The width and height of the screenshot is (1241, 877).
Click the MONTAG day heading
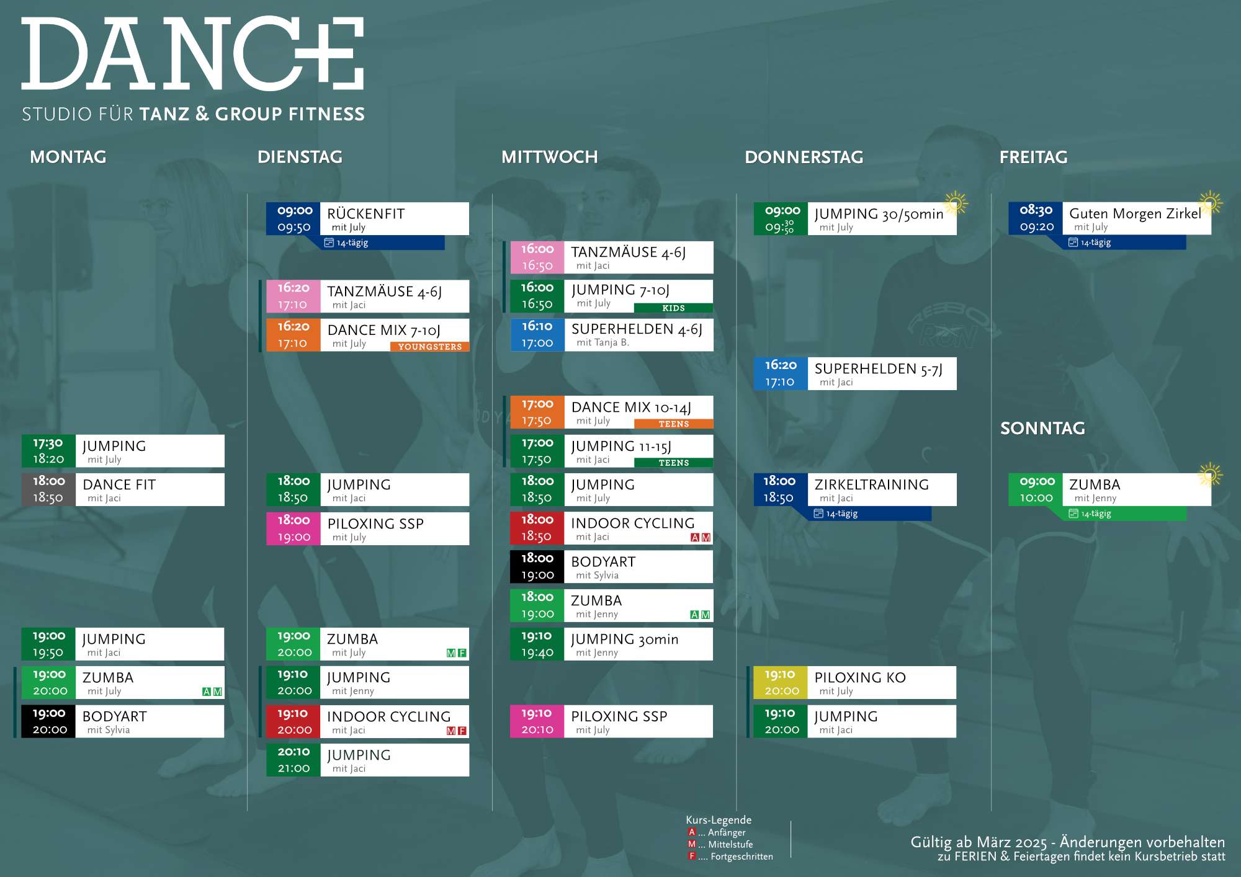click(x=68, y=157)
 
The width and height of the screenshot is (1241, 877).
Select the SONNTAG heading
click(x=1042, y=428)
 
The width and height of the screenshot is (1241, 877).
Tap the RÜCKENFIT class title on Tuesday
click(x=366, y=214)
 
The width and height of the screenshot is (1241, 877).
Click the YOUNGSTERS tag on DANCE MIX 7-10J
click(x=430, y=347)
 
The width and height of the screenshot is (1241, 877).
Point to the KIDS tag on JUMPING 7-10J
click(x=673, y=308)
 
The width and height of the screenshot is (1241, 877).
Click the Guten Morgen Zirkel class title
click(x=1135, y=214)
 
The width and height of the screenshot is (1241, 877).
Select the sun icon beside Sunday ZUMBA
click(x=1209, y=474)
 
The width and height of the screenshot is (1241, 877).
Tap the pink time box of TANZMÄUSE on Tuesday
click(x=293, y=296)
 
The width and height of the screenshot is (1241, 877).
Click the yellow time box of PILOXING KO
click(x=781, y=682)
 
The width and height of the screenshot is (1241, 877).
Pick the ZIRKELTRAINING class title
click(x=872, y=485)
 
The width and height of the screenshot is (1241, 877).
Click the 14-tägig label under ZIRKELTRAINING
click(x=842, y=514)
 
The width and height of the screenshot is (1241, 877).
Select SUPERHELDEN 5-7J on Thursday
click(x=878, y=369)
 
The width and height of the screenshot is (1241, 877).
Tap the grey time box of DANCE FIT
click(x=48, y=489)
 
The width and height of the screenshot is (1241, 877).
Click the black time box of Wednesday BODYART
click(x=537, y=567)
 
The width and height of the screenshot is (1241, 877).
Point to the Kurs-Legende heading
click(x=719, y=820)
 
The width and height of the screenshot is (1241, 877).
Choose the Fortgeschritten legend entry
click(x=730, y=857)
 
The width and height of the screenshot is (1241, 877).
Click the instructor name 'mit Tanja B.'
click(x=603, y=342)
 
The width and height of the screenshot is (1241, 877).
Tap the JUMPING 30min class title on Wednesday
click(x=625, y=639)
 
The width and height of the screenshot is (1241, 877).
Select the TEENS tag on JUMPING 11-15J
click(x=674, y=463)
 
